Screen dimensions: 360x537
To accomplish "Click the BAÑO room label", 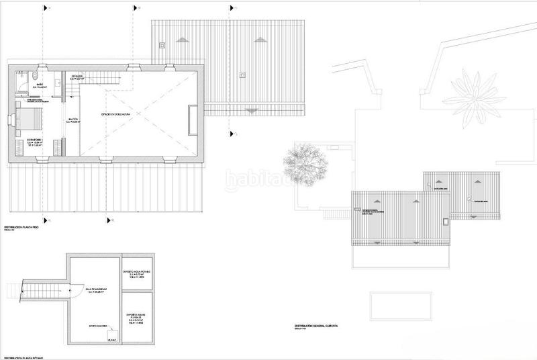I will pos(40,85).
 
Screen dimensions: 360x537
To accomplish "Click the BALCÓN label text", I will pos(73,121).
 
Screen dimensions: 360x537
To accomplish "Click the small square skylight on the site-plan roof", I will pos(446,222).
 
